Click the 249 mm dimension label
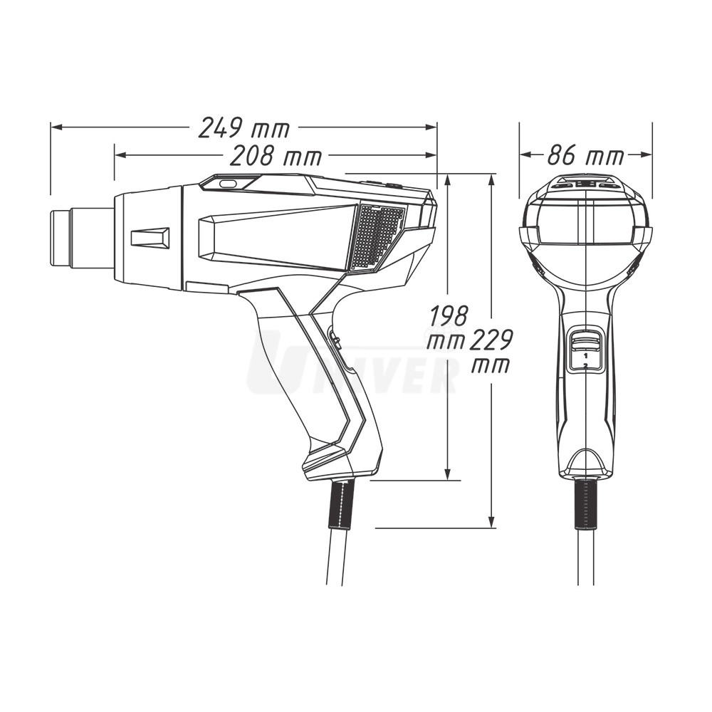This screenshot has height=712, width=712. (x=244, y=127)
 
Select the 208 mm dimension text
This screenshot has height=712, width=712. (x=276, y=156)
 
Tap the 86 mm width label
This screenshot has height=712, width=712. (x=586, y=156)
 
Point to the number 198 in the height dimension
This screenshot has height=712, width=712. (x=448, y=316)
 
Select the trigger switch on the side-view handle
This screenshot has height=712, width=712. (x=335, y=340)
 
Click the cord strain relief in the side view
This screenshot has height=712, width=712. (x=341, y=503)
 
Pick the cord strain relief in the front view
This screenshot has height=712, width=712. (x=586, y=503)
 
